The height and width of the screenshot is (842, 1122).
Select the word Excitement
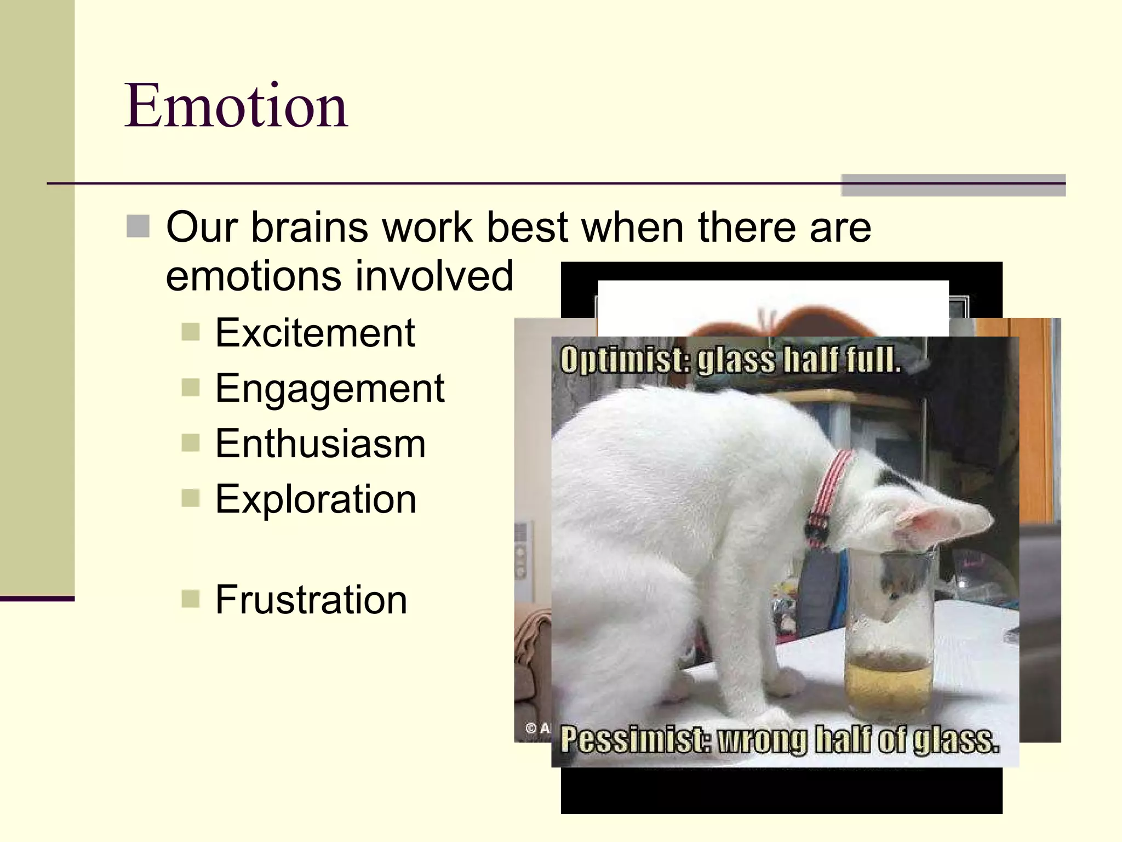(x=315, y=333)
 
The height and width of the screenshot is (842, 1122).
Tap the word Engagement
(x=329, y=388)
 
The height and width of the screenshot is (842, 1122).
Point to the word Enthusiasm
(x=320, y=443)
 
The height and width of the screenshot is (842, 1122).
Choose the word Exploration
(x=316, y=499)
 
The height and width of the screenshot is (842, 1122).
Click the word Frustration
(x=311, y=600)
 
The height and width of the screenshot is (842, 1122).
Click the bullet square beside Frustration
(x=190, y=599)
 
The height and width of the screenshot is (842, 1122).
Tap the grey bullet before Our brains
(x=138, y=226)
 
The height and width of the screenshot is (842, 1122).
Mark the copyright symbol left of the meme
(x=531, y=728)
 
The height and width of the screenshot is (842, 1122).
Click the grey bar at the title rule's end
(x=953, y=185)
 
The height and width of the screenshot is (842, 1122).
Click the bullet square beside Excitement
(x=190, y=332)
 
